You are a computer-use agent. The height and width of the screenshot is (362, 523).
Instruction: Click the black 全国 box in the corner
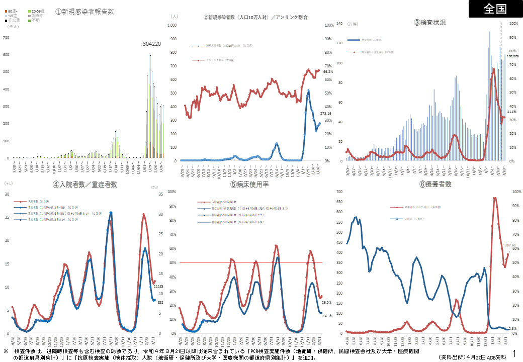point(495,9)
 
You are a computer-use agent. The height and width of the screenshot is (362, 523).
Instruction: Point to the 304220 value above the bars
point(152,44)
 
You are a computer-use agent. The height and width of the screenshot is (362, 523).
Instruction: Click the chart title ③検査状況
point(429,23)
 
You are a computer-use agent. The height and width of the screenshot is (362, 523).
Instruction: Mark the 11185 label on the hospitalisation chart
point(158,287)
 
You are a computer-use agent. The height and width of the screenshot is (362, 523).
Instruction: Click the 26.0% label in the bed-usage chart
point(326,303)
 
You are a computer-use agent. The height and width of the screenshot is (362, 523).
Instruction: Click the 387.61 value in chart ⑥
point(510,245)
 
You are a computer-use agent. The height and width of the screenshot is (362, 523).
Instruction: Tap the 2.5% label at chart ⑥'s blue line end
point(512,329)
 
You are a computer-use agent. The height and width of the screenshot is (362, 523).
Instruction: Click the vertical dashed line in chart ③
point(501,90)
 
